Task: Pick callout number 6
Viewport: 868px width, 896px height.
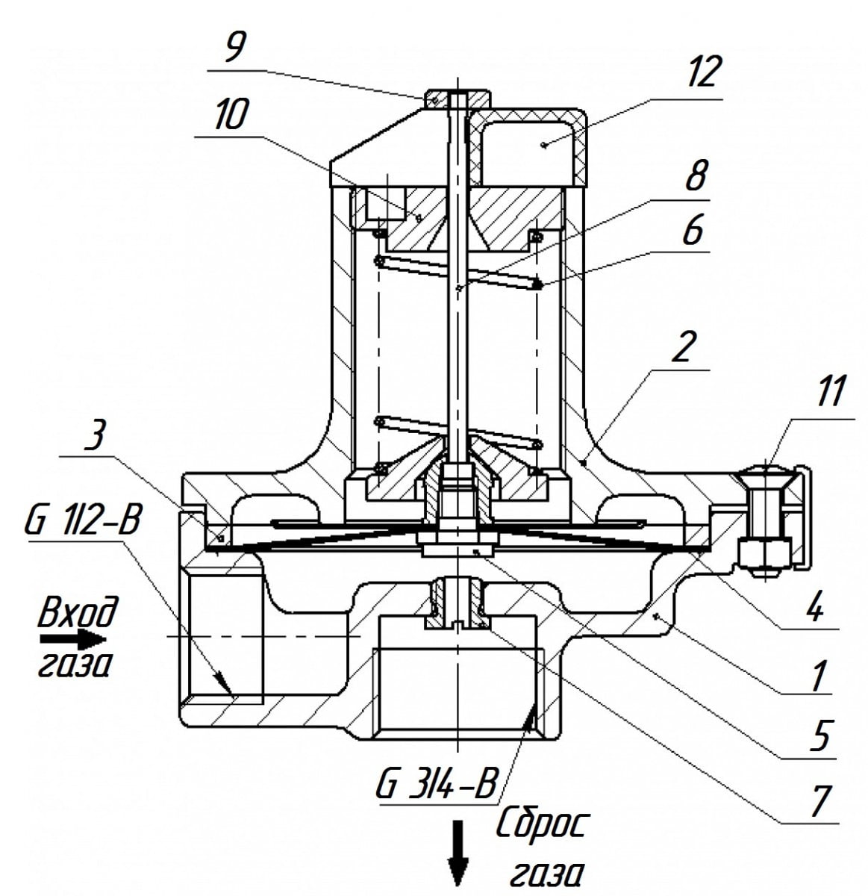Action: [693, 229]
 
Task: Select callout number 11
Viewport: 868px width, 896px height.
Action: [831, 393]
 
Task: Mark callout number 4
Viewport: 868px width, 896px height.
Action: [814, 607]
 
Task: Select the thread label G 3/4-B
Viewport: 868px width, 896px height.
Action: [436, 786]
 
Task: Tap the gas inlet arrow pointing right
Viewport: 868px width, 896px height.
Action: [72, 639]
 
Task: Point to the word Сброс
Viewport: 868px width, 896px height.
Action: [542, 824]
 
